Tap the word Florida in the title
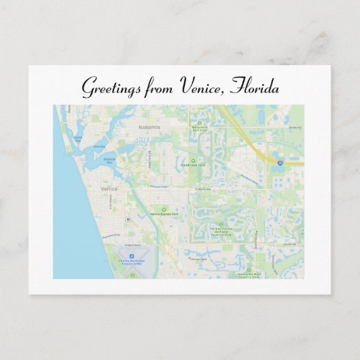[255, 86]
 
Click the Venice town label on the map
[109, 189]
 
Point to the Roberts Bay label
[109, 161]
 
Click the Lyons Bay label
[77, 140]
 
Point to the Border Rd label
[293, 127]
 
